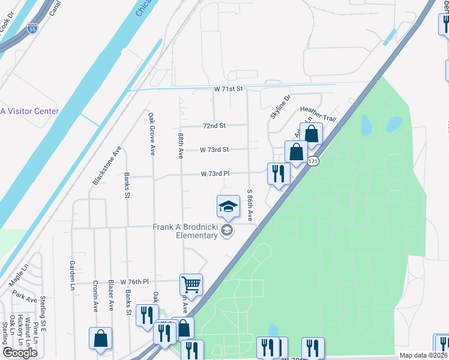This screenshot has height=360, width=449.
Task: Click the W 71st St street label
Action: coord(229,89)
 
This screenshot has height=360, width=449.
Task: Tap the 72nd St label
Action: coord(214,126)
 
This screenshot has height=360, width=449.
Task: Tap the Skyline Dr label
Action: coord(280,106)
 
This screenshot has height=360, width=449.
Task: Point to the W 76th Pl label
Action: coord(134,281)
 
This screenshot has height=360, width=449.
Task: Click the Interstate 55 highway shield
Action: coord(33,28)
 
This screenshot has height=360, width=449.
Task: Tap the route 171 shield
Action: coord(313,161)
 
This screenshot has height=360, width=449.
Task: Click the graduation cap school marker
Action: coord(228,207)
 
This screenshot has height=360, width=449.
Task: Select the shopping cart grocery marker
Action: coord(191,284)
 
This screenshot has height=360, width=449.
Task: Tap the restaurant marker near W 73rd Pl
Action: coord(279,173)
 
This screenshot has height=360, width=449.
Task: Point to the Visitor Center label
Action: coord(29,111)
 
